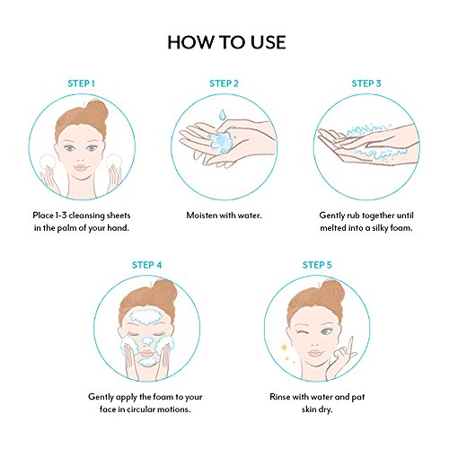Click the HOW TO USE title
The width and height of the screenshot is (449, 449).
click(226, 42)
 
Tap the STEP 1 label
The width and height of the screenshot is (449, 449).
click(81, 84)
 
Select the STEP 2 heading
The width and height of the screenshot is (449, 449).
click(224, 84)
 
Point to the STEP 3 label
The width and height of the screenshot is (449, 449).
click(366, 84)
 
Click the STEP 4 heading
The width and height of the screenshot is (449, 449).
click(146, 265)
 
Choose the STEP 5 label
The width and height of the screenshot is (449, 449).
click(317, 265)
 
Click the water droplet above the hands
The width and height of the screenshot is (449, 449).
click(222, 115)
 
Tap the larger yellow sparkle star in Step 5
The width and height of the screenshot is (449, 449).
click(284, 347)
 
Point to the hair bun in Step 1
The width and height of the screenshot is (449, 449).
click(97, 110)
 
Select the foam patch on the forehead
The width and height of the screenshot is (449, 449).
click(145, 317)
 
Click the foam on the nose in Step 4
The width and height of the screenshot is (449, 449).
click(147, 340)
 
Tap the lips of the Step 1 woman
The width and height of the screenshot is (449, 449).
click(81, 168)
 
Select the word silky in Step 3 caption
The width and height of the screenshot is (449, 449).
click(381, 228)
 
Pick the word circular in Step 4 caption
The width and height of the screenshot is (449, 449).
click(141, 409)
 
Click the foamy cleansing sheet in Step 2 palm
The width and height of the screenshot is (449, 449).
click(221, 142)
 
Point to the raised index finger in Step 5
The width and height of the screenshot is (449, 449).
click(350, 348)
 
